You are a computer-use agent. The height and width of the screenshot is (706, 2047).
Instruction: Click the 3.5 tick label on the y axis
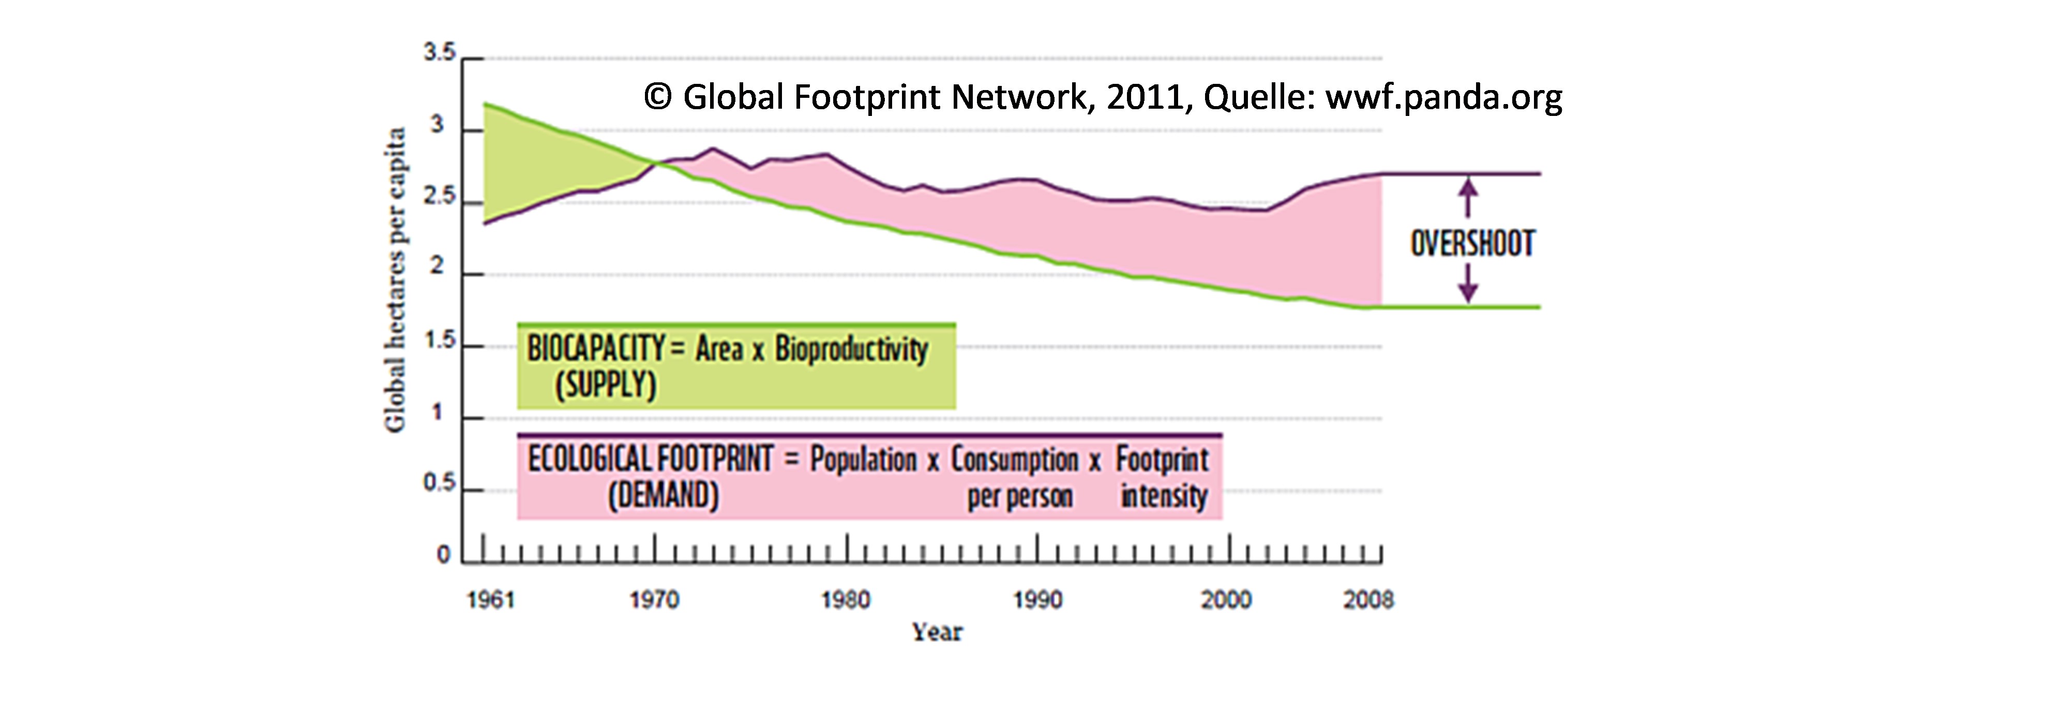[440, 54]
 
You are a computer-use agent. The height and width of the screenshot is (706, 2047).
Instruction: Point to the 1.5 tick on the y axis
[440, 342]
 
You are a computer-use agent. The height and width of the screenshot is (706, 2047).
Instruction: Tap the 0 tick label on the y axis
[443, 555]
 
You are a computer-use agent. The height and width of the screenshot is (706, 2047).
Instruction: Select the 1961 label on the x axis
[490, 599]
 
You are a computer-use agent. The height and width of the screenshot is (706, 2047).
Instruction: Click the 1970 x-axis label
[654, 599]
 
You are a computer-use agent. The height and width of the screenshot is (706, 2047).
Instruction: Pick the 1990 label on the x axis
[1037, 599]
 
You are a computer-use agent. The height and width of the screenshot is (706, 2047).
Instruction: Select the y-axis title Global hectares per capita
[395, 280]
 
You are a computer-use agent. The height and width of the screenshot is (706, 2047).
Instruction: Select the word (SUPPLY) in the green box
[606, 386]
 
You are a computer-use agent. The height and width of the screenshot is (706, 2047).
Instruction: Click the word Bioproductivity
[851, 348]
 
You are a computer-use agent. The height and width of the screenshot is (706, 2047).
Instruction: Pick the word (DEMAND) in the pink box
[664, 496]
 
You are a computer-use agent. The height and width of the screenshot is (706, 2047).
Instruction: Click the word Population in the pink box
[863, 460]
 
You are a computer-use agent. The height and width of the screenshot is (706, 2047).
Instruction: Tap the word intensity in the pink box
[1164, 496]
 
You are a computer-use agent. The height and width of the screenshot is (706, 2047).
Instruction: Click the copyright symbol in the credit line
[657, 97]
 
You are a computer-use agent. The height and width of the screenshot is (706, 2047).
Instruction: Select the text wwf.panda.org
[1444, 97]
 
